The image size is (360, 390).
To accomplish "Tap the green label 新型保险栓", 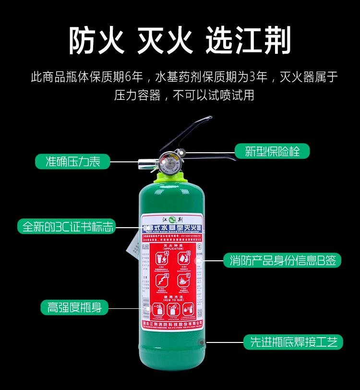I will (272, 151).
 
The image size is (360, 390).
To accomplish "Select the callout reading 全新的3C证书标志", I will (67, 226).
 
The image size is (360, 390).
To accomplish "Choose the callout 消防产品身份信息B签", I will (282, 261).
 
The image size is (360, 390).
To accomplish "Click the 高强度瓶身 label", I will (74, 307).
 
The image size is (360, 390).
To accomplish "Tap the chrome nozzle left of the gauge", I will (144, 164).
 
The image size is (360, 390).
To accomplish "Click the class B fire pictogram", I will (184, 260).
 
